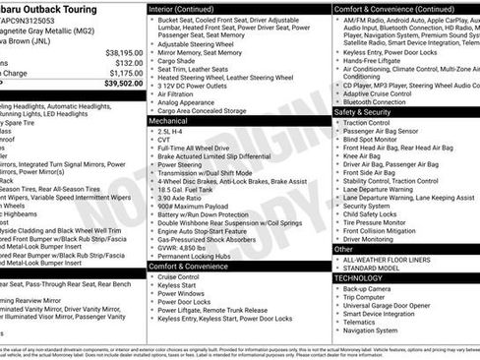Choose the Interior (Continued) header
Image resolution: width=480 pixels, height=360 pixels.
pos(189,7)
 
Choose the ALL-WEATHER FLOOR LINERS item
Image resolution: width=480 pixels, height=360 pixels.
pos(389,259)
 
